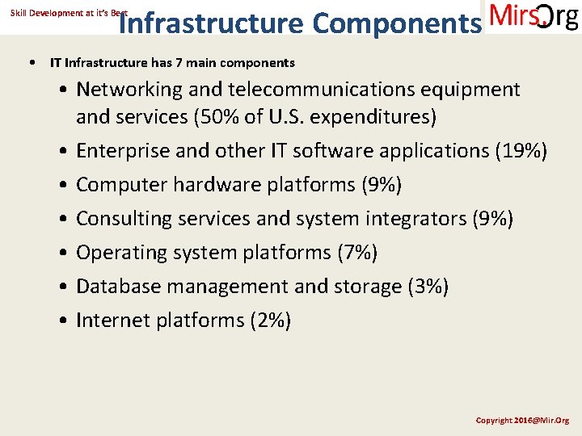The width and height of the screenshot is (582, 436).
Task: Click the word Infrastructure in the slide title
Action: pyautogui.click(x=210, y=24)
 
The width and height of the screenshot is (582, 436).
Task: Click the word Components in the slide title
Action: pyautogui.click(x=395, y=24)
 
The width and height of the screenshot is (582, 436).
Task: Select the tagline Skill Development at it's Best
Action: pyautogui.click(x=69, y=13)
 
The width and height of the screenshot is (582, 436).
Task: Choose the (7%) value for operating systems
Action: pyautogui.click(x=357, y=253)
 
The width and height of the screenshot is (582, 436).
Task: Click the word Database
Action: pyautogui.click(x=117, y=287)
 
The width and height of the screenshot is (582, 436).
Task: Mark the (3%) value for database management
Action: pyautogui.click(x=428, y=287)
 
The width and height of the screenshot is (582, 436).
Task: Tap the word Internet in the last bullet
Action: pyautogui.click(x=113, y=321)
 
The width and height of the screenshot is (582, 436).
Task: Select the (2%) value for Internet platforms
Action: pyautogui.click(x=271, y=321)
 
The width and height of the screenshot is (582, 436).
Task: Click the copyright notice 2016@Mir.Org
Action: pyautogui.click(x=522, y=421)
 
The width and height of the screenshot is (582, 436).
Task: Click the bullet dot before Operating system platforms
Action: pyautogui.click(x=63, y=254)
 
